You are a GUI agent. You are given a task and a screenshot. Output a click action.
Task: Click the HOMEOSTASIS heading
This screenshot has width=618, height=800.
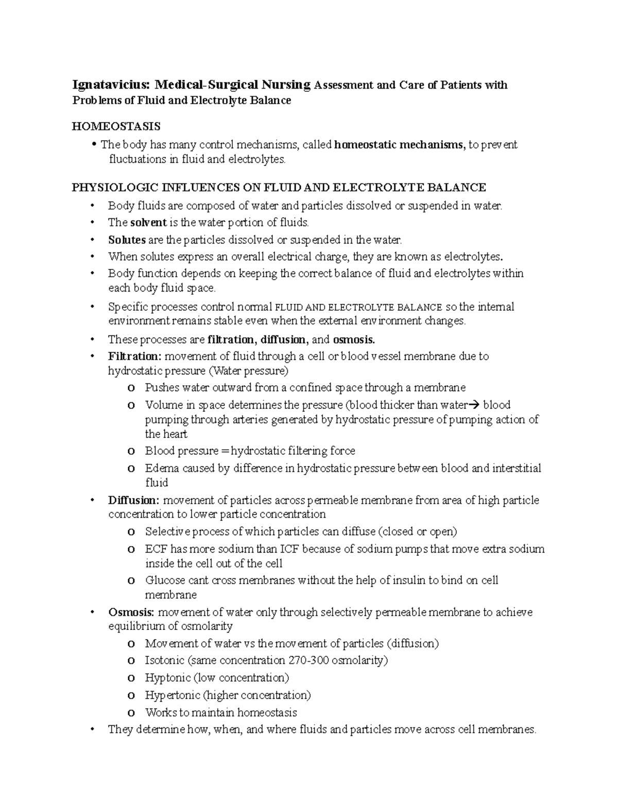(x=116, y=126)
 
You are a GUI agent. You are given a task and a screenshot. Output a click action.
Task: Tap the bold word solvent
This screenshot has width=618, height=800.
(x=148, y=223)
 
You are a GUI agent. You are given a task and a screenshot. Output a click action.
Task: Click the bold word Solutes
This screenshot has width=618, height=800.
(x=127, y=240)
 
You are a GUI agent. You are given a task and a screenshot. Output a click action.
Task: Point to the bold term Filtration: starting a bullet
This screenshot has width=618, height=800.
(x=135, y=356)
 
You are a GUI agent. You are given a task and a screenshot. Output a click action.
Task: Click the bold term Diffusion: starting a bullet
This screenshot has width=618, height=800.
(x=134, y=500)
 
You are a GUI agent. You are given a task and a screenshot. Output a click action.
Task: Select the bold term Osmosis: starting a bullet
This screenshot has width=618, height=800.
(x=131, y=612)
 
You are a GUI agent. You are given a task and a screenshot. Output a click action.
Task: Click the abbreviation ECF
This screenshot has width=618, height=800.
(x=156, y=549)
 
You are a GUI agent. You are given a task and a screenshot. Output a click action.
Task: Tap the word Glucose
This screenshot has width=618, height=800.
(x=165, y=580)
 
